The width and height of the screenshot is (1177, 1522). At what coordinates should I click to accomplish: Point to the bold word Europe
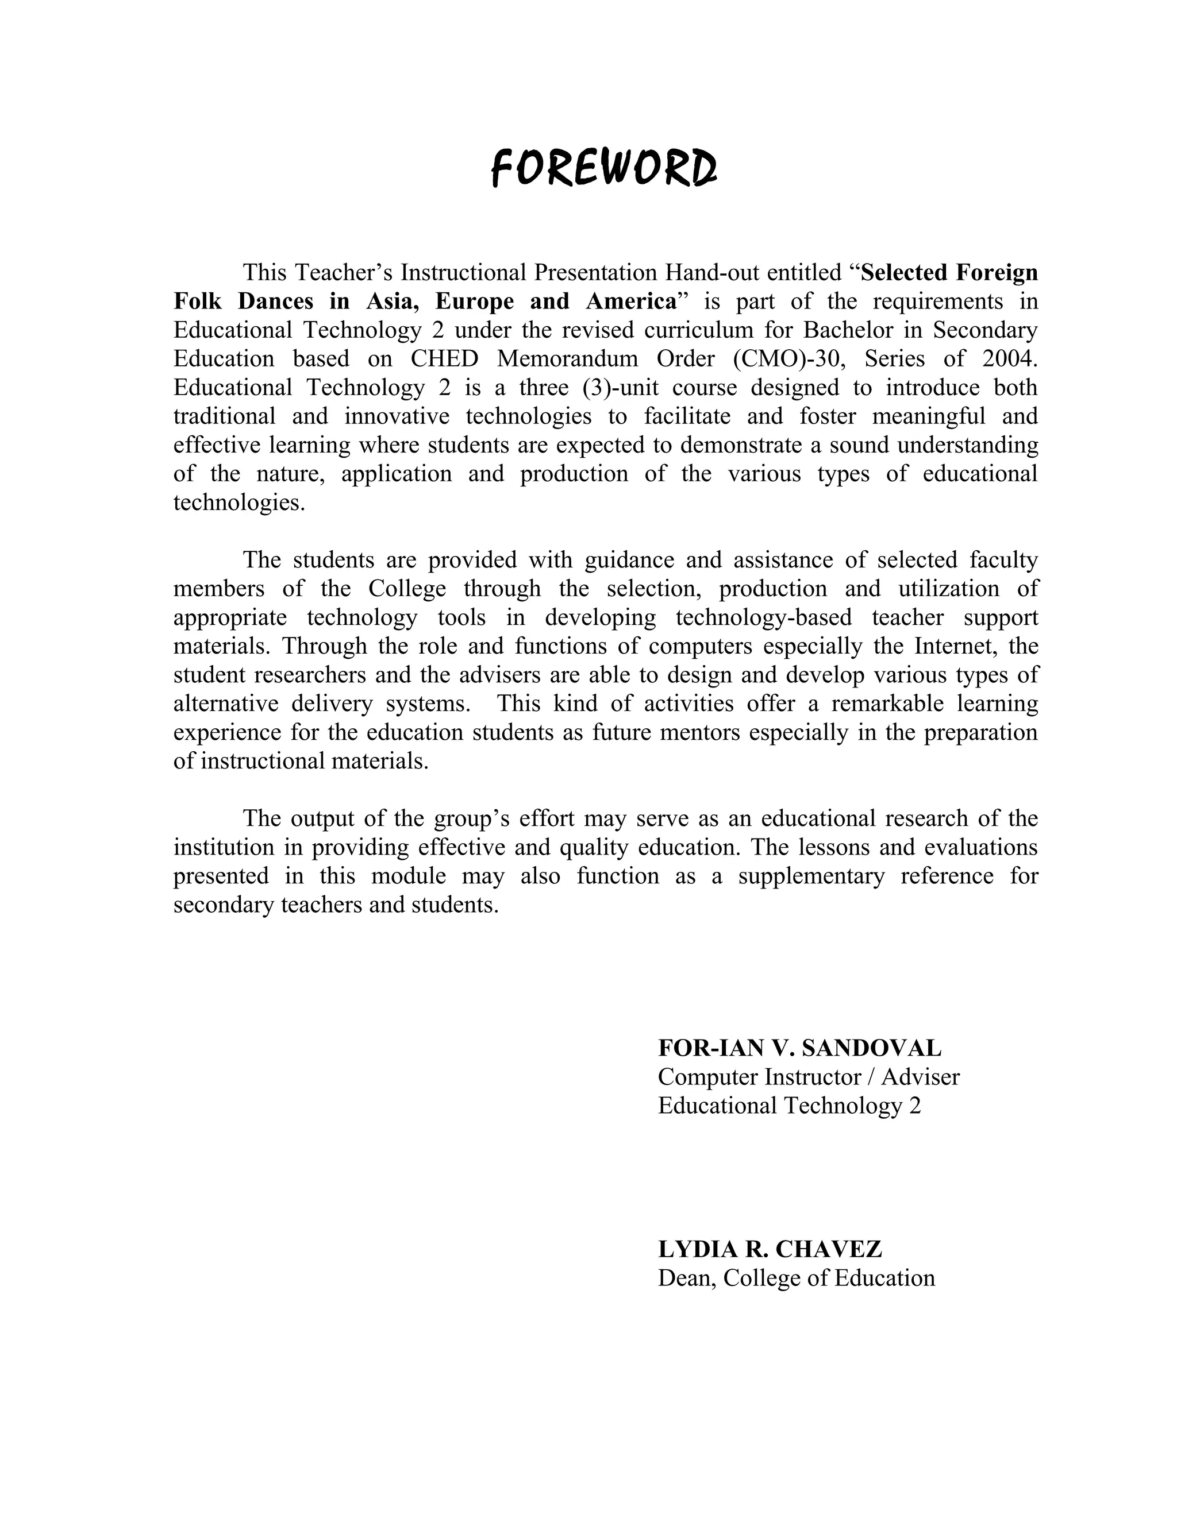[x=475, y=301]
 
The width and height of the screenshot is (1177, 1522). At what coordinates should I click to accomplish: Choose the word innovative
[x=397, y=416]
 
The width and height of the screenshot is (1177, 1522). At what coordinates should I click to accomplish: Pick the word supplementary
[x=811, y=875]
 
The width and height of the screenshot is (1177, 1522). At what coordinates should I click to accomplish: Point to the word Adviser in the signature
[x=921, y=1077]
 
